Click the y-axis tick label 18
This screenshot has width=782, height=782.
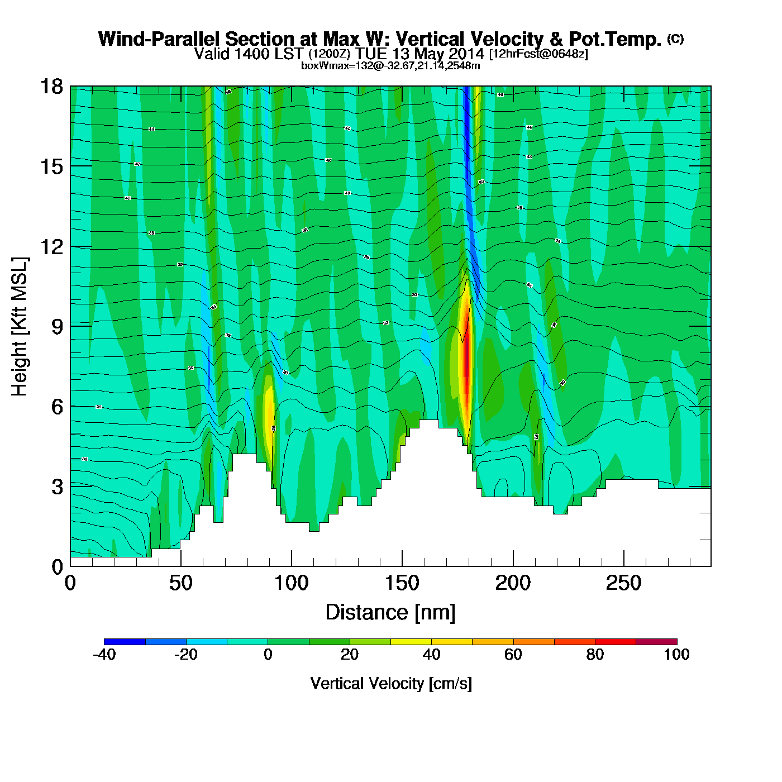click(x=51, y=87)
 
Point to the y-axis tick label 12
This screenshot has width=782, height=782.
click(x=51, y=246)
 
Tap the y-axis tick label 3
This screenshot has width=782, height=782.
click(x=57, y=487)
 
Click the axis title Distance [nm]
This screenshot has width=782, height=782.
click(x=390, y=613)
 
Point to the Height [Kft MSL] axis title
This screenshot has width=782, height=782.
click(x=20, y=327)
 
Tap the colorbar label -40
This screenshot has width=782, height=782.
click(x=104, y=655)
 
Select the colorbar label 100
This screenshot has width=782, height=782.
click(x=676, y=655)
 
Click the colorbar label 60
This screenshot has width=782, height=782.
click(x=513, y=655)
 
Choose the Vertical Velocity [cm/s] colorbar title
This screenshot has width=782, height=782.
click(x=390, y=683)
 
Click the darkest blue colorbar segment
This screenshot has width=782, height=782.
click(x=125, y=642)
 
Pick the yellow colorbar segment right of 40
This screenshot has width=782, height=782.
click(x=451, y=642)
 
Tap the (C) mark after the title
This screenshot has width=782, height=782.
click(x=675, y=39)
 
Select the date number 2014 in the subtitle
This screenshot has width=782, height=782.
click(x=466, y=54)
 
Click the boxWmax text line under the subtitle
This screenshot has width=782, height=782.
click(x=390, y=65)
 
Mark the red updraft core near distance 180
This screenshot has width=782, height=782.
click(x=466, y=369)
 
